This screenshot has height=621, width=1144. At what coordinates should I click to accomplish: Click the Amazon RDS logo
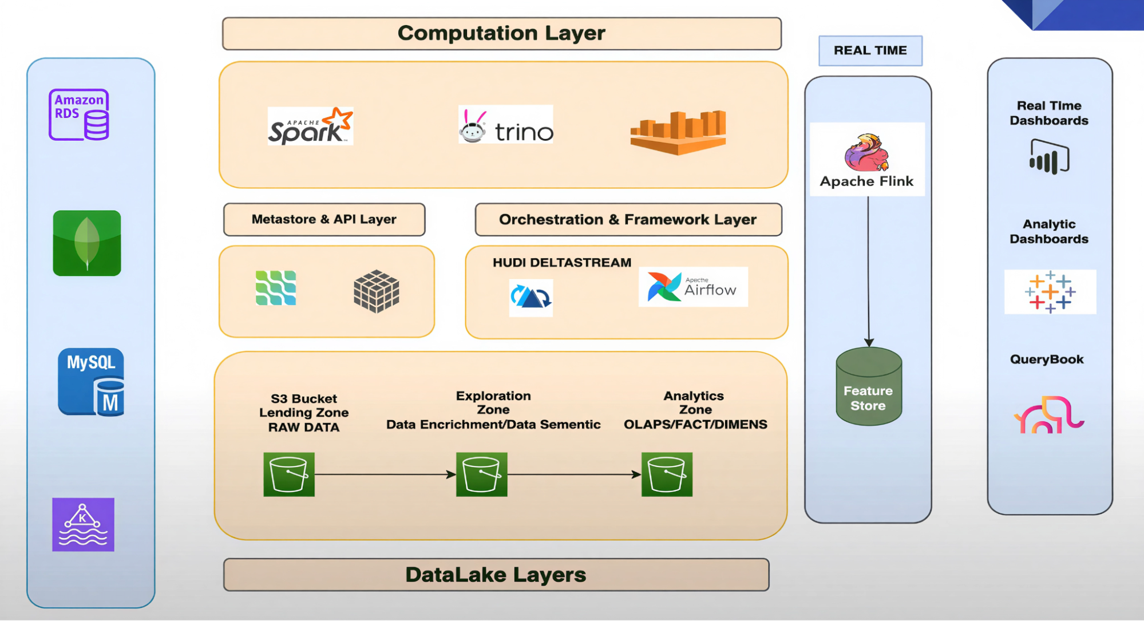(79, 114)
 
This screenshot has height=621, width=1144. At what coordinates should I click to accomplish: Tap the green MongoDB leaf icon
(87, 243)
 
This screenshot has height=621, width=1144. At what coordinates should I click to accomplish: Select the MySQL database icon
(91, 382)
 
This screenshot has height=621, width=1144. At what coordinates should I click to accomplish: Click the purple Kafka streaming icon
(83, 524)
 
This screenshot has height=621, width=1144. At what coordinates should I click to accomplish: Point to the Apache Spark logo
(310, 126)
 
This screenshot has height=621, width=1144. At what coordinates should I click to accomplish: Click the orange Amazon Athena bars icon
(678, 132)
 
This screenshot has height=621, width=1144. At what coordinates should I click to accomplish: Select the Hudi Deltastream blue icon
(531, 298)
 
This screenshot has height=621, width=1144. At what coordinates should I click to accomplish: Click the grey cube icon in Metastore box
(376, 291)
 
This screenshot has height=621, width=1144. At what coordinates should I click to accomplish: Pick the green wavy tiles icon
(276, 288)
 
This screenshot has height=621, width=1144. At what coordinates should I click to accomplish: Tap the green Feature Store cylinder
(869, 387)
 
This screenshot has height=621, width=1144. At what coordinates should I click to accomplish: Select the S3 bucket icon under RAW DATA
(289, 474)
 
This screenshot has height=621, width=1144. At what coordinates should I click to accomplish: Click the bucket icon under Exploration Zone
(481, 474)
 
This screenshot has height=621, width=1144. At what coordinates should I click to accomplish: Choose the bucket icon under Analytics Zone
(667, 474)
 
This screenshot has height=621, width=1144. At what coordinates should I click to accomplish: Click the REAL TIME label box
(870, 51)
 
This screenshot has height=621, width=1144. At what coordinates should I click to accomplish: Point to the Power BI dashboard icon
(1049, 157)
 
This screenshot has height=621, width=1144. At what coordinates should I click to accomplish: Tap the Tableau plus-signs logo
(1050, 292)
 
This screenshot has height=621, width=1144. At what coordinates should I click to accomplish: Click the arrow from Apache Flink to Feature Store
(868, 269)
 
